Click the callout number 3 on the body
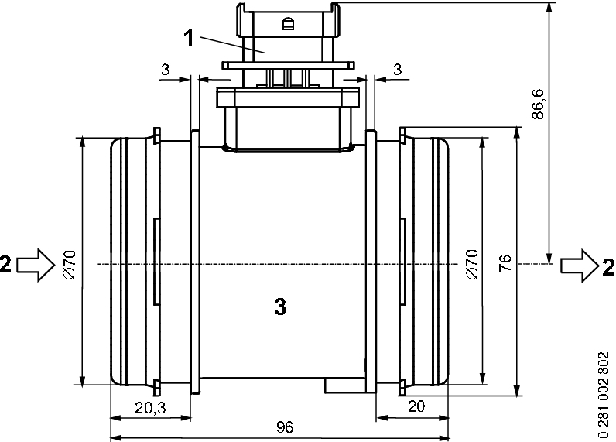tap(281, 307)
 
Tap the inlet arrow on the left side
tap(32, 265)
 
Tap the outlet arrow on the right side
tap(577, 265)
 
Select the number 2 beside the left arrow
tap(6, 265)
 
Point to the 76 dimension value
tap(505, 263)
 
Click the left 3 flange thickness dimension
tap(165, 70)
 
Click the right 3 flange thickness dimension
tap(397, 70)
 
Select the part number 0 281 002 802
tap(604, 396)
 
